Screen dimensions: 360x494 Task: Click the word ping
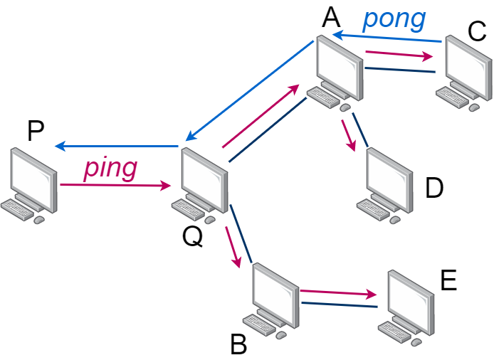point(110,169)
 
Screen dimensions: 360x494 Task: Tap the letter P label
point(35,131)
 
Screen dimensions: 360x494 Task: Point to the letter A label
point(331,16)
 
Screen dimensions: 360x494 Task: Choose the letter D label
point(434,188)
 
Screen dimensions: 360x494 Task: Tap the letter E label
point(448,280)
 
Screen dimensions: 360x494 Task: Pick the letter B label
point(238,346)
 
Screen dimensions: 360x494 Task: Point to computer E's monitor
point(411,297)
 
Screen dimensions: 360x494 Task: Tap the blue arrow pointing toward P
point(117,146)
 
